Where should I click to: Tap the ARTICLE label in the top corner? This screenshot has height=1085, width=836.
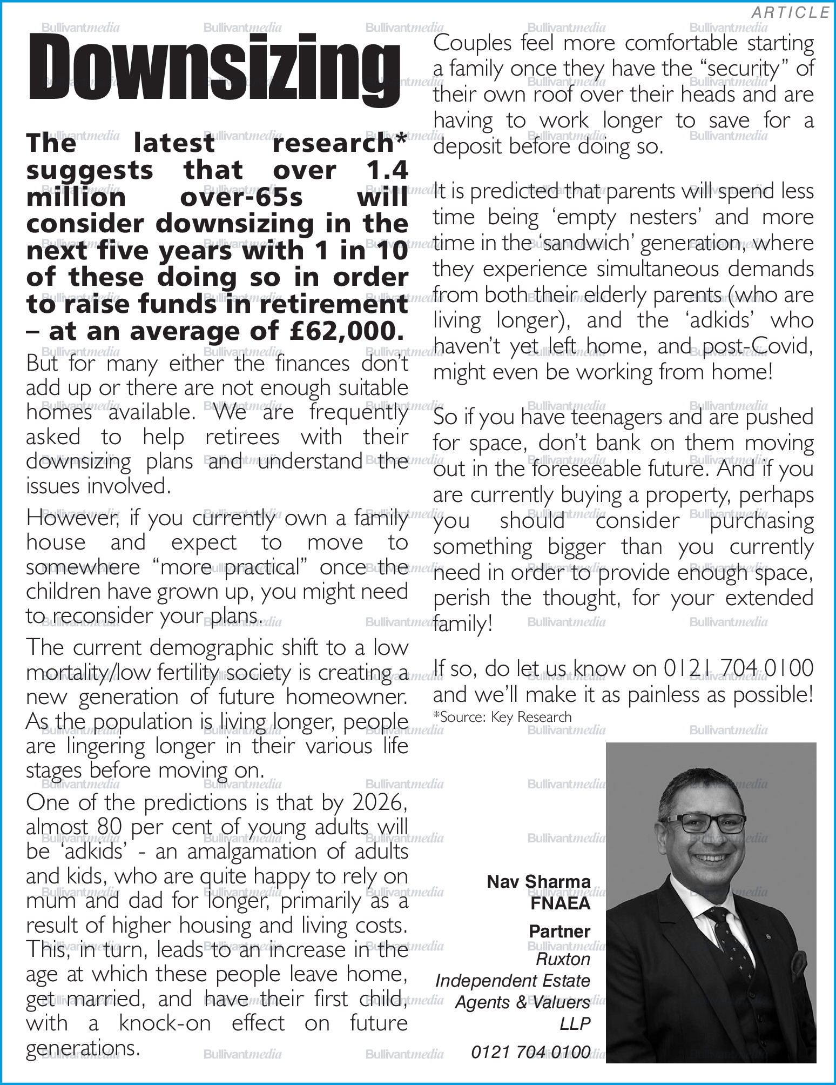tap(790, 12)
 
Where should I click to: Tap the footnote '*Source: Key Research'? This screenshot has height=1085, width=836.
tap(502, 717)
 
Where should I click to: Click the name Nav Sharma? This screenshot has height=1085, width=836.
tap(538, 881)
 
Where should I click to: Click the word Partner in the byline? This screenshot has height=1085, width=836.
tap(559, 931)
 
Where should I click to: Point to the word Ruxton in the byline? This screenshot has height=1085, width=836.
tap(563, 959)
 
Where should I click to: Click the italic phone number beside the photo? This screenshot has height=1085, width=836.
tap(530, 1052)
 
